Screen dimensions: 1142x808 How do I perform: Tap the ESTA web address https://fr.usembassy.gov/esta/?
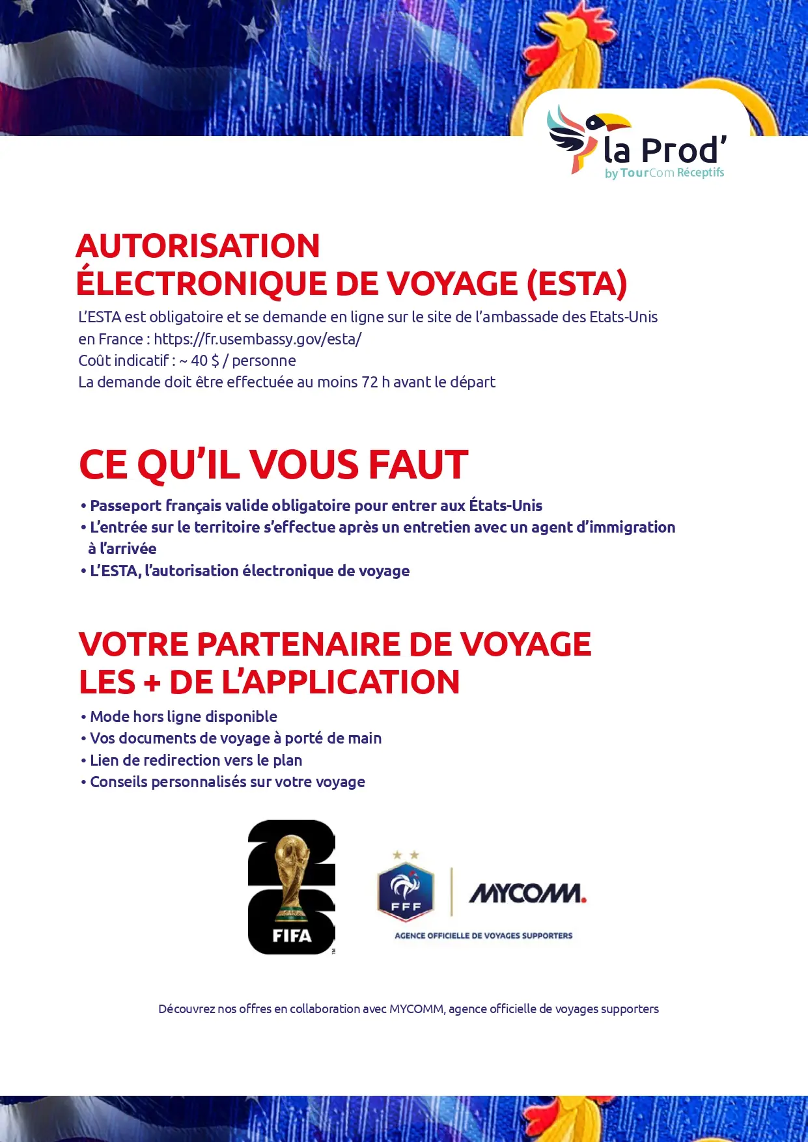(x=257, y=339)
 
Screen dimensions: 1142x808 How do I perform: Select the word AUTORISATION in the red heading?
(x=198, y=247)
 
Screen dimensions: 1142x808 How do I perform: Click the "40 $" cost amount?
(x=205, y=361)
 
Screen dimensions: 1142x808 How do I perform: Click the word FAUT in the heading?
(x=418, y=465)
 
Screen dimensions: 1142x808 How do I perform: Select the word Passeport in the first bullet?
(x=125, y=506)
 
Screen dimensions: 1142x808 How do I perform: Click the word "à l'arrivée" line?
(x=122, y=549)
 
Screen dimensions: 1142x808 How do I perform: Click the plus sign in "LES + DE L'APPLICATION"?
(x=152, y=683)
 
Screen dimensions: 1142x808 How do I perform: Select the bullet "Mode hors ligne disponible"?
(x=183, y=717)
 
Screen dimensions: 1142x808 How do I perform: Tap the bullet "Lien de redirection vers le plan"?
(x=195, y=760)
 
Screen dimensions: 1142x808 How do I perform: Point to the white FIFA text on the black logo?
(x=292, y=936)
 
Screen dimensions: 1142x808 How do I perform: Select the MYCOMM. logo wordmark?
(x=527, y=893)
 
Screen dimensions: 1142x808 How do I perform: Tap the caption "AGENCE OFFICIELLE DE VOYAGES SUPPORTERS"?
(x=483, y=936)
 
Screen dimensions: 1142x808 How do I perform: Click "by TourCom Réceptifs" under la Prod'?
(x=664, y=173)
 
